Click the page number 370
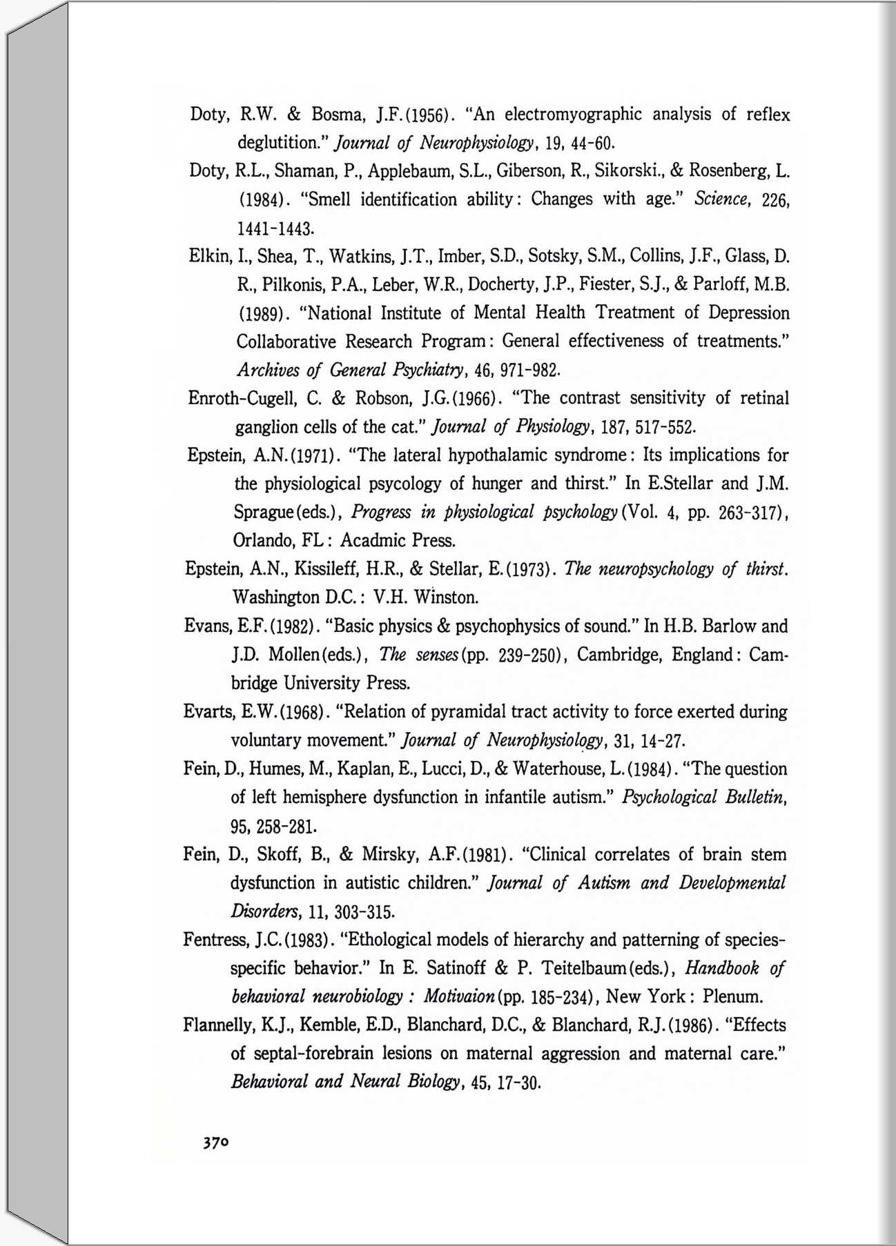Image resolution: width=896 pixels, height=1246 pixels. pos(215,1142)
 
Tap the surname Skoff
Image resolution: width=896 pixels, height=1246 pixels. pos(275,855)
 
